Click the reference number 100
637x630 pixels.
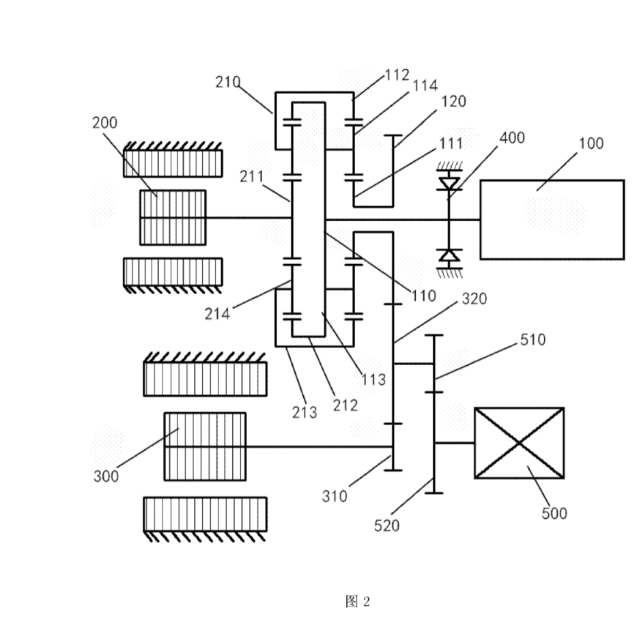[x=591, y=143]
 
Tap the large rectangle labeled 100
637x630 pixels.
[x=552, y=219]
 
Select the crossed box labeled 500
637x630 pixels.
[x=519, y=443]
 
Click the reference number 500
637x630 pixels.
[x=554, y=513]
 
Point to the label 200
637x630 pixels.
[x=104, y=123]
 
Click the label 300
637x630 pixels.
[x=106, y=476]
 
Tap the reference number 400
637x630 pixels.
[x=512, y=138]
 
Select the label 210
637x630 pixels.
[x=228, y=82]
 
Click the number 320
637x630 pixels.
[x=474, y=299]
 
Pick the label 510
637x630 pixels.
[x=533, y=340]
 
